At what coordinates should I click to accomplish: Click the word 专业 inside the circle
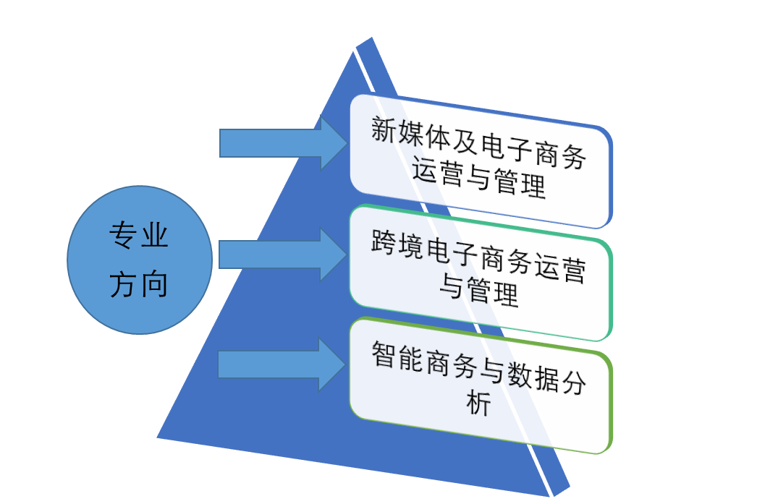pyautogui.click(x=138, y=236)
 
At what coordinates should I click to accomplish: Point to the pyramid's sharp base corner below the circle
pyautogui.click(x=155, y=437)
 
